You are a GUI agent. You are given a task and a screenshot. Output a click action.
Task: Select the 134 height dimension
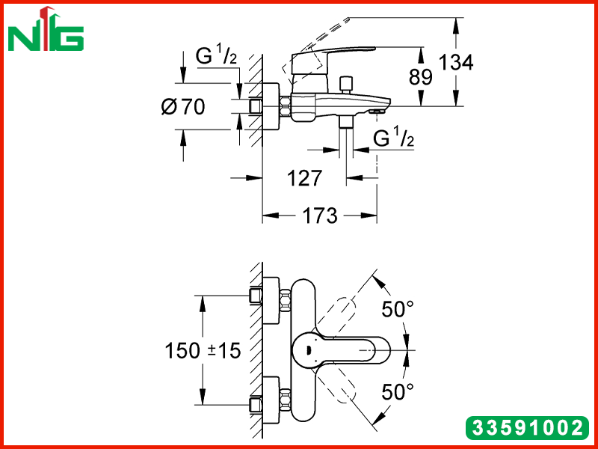tap(456, 62)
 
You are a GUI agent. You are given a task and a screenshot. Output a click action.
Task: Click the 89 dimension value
tap(421, 77)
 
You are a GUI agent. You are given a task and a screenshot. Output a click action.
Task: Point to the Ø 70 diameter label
tap(183, 106)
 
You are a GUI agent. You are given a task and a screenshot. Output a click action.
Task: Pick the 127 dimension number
tap(304, 178)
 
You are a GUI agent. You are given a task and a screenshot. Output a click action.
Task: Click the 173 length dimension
tap(320, 216)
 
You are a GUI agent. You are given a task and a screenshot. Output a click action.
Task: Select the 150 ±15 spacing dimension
tap(203, 350)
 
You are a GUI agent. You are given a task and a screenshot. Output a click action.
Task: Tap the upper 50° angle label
tap(398, 309)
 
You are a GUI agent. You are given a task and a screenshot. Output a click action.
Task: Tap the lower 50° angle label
tap(398, 391)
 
